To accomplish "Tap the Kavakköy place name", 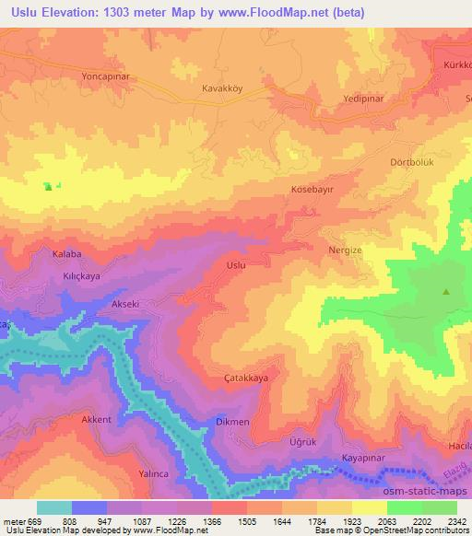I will (222, 89).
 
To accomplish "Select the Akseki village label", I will (124, 303).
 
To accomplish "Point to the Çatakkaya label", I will (246, 379).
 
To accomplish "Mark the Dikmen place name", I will (232, 421).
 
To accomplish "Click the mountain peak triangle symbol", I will (446, 293).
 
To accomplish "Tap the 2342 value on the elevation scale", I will (445, 520).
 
